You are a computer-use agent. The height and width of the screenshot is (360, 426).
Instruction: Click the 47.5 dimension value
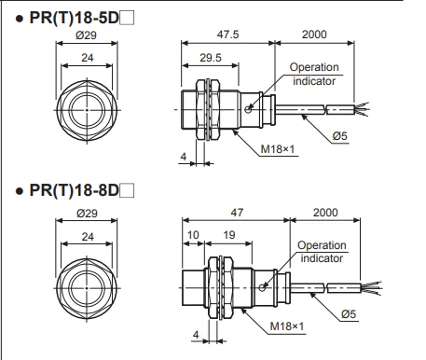click(x=227, y=35)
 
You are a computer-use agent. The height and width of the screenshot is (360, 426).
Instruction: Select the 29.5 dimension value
click(x=211, y=58)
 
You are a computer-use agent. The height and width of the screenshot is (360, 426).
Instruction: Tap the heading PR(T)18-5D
click(x=75, y=18)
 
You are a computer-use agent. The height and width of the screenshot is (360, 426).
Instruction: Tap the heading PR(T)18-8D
click(x=75, y=190)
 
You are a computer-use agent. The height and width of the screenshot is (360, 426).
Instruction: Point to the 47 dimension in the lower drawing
click(x=237, y=213)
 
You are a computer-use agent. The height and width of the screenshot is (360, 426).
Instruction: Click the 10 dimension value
click(x=193, y=235)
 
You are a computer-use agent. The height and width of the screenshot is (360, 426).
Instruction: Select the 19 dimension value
click(x=229, y=235)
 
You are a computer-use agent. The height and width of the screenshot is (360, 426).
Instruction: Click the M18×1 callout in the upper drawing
click(x=278, y=149)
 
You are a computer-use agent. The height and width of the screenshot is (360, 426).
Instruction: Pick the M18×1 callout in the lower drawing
click(x=287, y=326)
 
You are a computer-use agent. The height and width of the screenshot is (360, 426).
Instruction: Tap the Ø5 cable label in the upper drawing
click(x=339, y=136)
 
